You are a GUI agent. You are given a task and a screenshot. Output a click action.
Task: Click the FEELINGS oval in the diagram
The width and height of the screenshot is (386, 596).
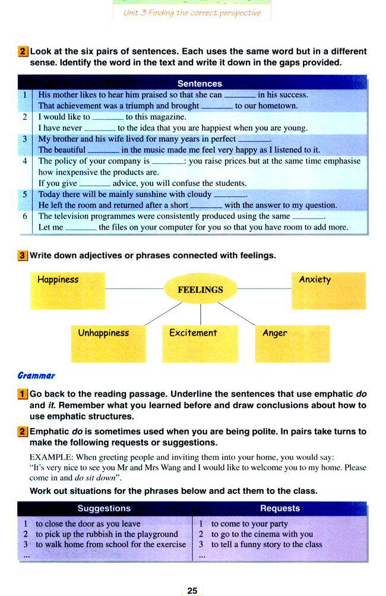click(x=200, y=289)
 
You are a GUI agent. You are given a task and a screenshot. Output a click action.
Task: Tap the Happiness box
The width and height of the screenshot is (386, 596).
click(x=67, y=290)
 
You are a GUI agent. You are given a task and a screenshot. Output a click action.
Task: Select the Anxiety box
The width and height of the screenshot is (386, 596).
click(x=328, y=290)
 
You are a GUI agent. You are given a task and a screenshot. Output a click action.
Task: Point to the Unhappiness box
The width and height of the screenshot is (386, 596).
click(x=107, y=344)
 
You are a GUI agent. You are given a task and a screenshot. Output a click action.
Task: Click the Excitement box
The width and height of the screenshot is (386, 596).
click(x=200, y=344)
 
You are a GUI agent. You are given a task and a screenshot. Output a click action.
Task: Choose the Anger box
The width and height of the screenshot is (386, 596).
click(x=292, y=344)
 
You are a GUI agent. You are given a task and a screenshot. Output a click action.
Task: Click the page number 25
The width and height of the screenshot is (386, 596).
click(x=192, y=591)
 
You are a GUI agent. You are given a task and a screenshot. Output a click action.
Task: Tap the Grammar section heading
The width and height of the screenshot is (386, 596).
click(x=36, y=375)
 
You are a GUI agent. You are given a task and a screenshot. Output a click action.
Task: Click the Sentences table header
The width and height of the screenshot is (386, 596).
click(x=200, y=84)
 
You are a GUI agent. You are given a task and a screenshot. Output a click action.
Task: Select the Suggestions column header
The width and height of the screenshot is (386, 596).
click(x=104, y=508)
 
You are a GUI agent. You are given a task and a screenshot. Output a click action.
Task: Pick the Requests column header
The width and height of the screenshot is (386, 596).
click(x=280, y=508)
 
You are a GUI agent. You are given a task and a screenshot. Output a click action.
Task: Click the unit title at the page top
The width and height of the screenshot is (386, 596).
click(x=192, y=12)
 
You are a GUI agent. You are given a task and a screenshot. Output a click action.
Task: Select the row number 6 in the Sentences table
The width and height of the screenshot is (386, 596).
click(x=25, y=216)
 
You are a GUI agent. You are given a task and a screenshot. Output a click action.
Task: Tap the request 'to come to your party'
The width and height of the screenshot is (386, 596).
click(x=249, y=524)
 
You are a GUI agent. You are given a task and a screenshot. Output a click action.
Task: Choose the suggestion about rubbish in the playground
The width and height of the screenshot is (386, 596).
click(x=107, y=534)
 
